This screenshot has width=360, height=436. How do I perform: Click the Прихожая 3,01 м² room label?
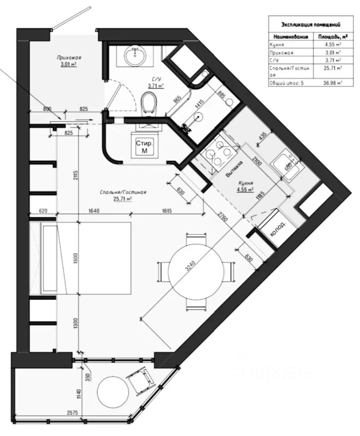pos(69,61)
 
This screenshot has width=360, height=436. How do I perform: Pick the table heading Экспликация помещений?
pos(311,25)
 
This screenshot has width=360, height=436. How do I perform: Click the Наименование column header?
pos(291,36)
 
